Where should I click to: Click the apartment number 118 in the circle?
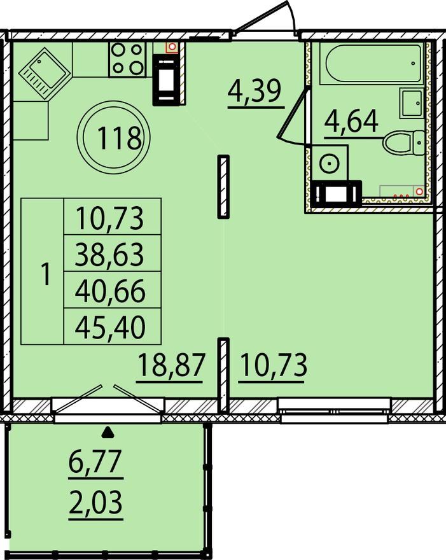[x=120, y=138]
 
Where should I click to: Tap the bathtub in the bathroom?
[x=372, y=64]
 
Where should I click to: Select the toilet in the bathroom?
[x=403, y=143]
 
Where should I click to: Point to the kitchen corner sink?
[x=45, y=74]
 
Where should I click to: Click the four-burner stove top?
[x=127, y=59]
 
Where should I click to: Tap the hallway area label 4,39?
[x=255, y=91]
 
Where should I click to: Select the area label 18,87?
[x=172, y=365]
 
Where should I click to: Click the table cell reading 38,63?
[x=109, y=255]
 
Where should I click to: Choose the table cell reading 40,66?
[x=110, y=291]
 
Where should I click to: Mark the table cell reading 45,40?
[x=110, y=328]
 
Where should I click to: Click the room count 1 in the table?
[x=45, y=274]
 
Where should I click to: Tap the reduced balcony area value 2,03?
[x=95, y=502]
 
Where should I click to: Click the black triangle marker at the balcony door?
[x=108, y=433]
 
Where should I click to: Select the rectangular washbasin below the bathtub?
[x=412, y=103]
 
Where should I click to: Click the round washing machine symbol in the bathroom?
[x=329, y=164]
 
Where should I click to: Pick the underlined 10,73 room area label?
[x=274, y=365]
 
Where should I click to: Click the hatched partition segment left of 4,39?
[x=223, y=186]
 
